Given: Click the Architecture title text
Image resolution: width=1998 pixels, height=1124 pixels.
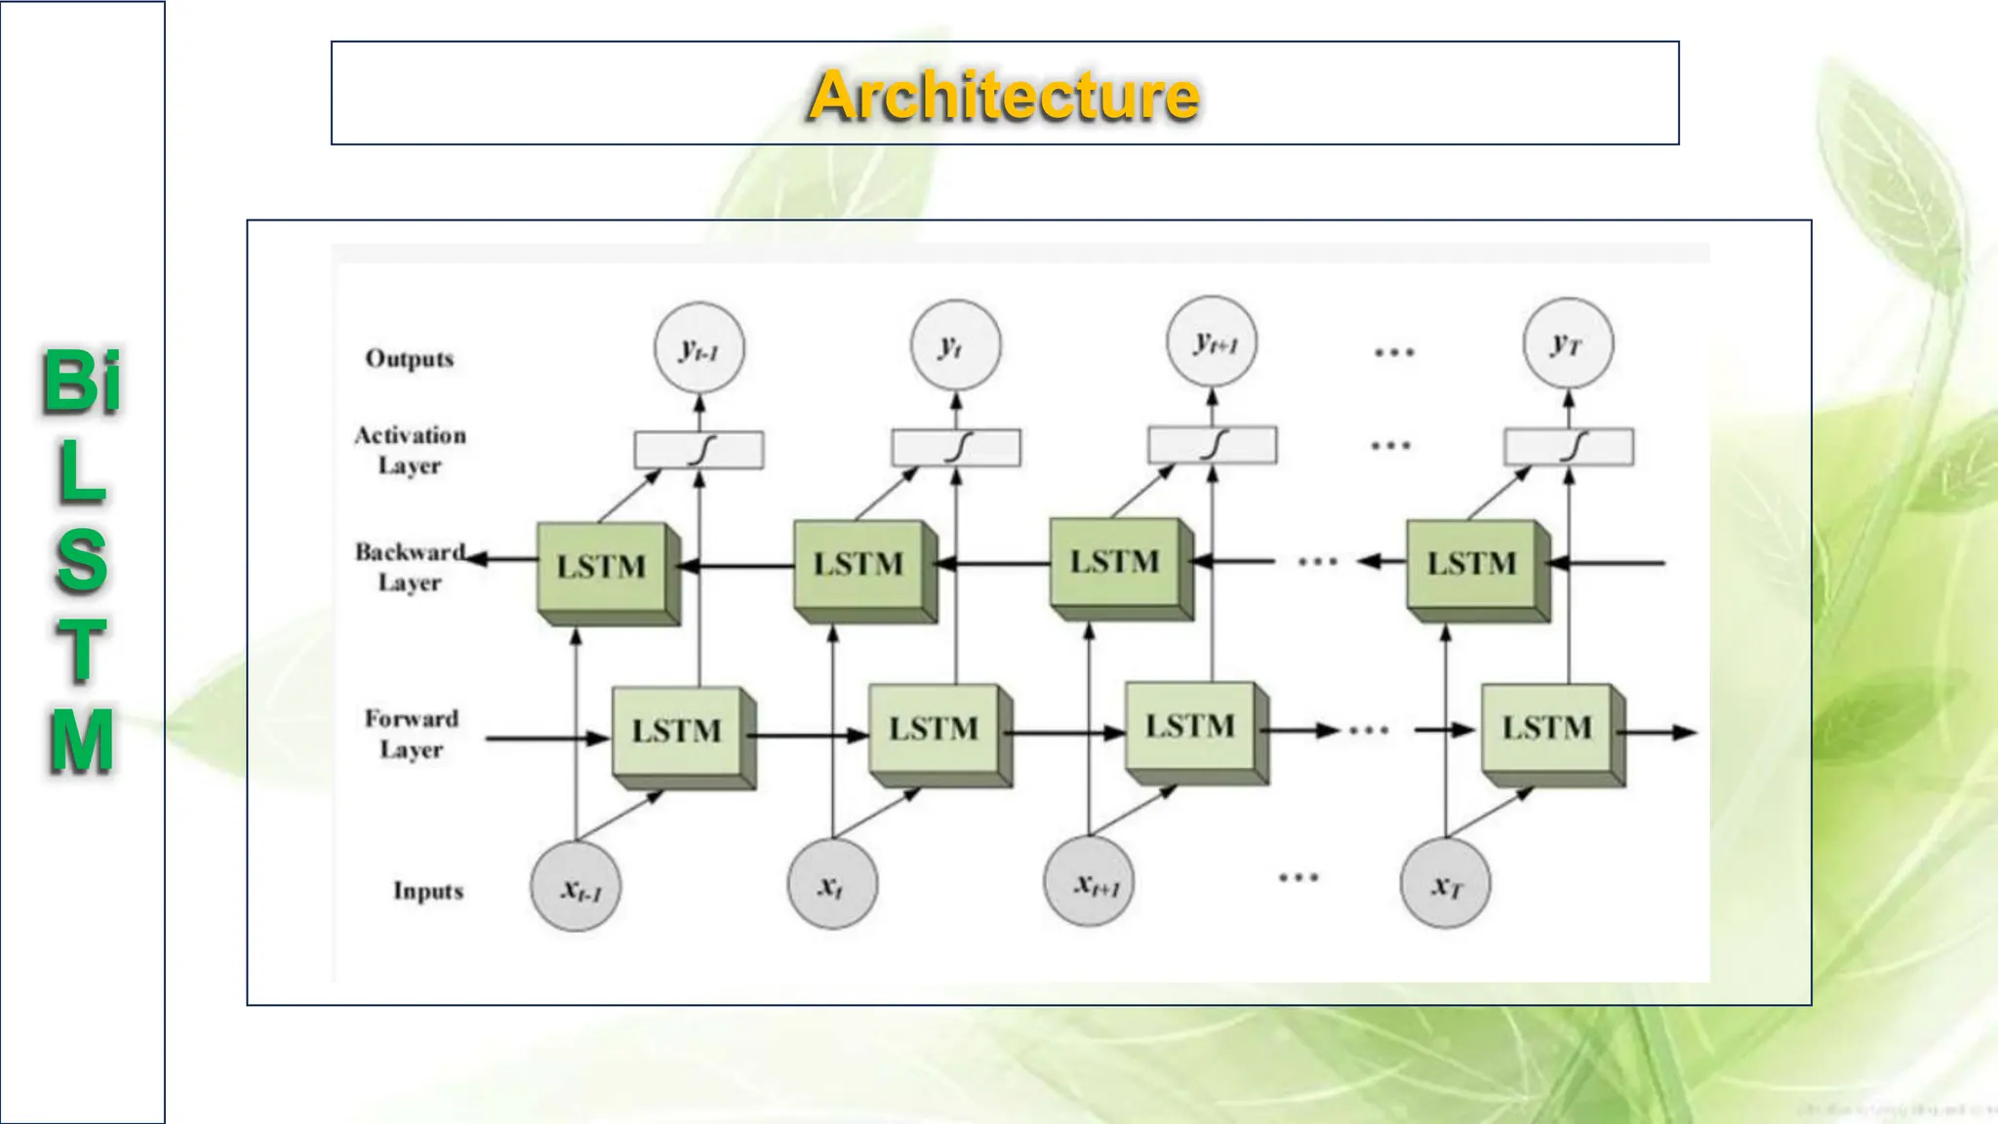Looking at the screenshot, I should [1004, 96].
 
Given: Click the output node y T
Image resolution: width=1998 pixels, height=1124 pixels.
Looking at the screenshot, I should [1567, 343].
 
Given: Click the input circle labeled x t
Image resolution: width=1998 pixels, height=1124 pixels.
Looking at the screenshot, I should [831, 884].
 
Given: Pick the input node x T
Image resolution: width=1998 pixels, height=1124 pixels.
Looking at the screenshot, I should [1445, 884].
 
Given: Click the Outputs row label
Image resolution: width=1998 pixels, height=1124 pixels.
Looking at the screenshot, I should [410, 359].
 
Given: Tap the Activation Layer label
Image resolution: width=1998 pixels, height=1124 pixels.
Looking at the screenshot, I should [410, 450].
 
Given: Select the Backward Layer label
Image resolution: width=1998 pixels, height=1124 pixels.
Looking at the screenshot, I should [410, 567].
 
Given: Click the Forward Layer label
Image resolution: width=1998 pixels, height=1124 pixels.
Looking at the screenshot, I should [411, 734].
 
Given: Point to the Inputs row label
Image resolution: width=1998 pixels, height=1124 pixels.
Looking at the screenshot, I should [427, 891].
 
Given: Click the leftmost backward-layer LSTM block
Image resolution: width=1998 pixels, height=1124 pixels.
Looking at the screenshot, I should [602, 568].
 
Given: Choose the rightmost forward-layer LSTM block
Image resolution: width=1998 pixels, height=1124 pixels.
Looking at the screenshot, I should [1546, 729].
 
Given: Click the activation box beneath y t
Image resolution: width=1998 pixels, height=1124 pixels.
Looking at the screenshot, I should [956, 449].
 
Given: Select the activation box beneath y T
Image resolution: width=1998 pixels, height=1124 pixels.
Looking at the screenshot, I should [1568, 447].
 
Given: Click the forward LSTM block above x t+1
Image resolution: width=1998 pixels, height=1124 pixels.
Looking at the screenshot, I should [1190, 727].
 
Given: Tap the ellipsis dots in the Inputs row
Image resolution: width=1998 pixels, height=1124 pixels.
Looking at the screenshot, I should [1299, 877].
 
